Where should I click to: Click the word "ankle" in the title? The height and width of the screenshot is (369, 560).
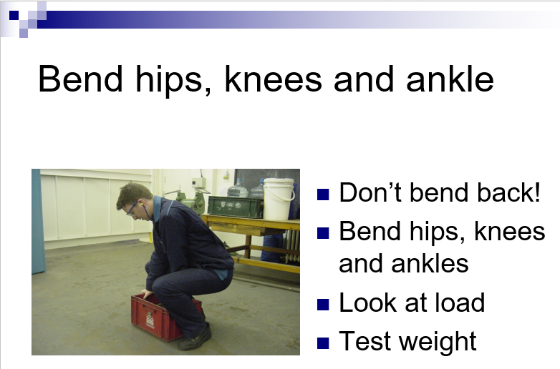pyautogui.click(x=450, y=79)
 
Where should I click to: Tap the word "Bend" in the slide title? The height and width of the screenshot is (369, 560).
pyautogui.click(x=80, y=79)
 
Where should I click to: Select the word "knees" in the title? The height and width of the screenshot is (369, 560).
pyautogui.click(x=274, y=79)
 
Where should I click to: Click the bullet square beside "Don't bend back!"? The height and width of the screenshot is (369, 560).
pyautogui.click(x=323, y=195)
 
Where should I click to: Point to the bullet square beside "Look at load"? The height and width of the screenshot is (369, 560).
pyautogui.click(x=323, y=305)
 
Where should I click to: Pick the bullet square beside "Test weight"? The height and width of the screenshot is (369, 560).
pyautogui.click(x=323, y=343)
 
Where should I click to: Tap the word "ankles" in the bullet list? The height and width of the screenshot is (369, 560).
pyautogui.click(x=430, y=263)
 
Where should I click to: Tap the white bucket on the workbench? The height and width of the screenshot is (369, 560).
pyautogui.click(x=279, y=199)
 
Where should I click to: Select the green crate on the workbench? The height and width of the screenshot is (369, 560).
pyautogui.click(x=236, y=207)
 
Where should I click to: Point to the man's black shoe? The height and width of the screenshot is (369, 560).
pyautogui.click(x=195, y=338)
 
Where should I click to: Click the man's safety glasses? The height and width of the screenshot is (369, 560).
pyautogui.click(x=132, y=209)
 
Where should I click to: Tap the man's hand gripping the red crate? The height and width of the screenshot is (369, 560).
pyautogui.click(x=147, y=294)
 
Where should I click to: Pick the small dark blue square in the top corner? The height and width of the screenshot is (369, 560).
pyautogui.click(x=14, y=15)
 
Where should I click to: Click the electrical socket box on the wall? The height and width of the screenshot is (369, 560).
pyautogui.click(x=198, y=183)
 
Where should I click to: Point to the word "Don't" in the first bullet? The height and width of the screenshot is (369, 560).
pyautogui.click(x=371, y=192)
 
